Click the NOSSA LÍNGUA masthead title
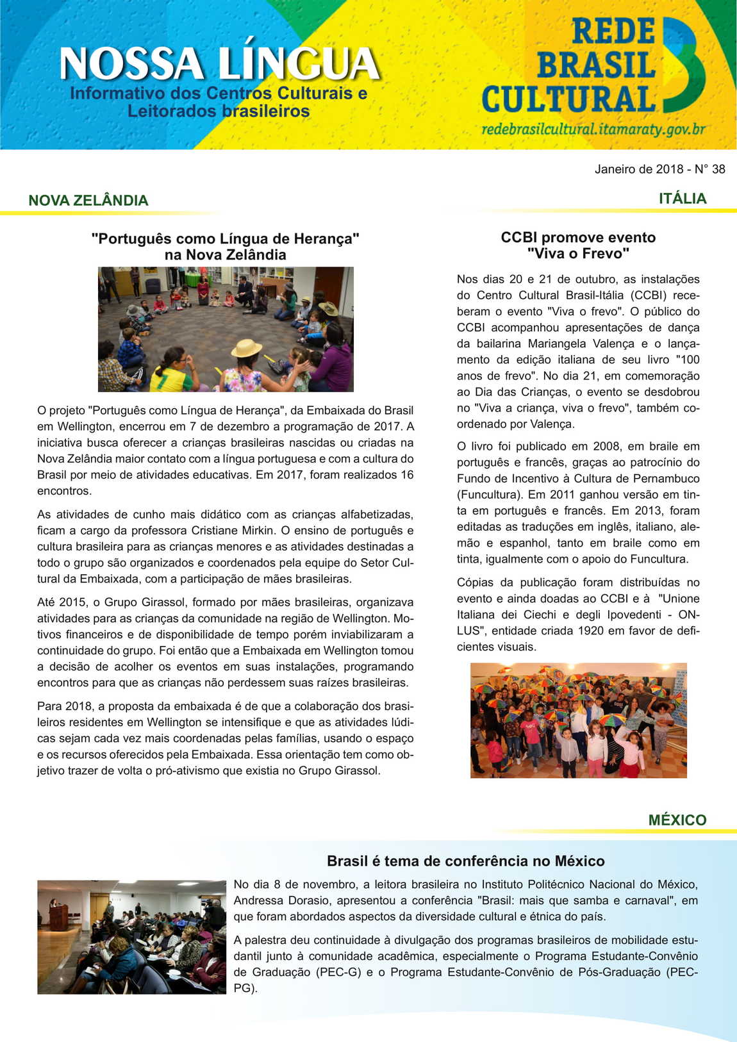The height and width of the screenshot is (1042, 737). pos(219,64)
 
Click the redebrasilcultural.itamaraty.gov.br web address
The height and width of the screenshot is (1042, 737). pos(593,129)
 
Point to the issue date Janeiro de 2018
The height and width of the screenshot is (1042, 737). pos(638,169)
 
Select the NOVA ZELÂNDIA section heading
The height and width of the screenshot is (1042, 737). pos(88,201)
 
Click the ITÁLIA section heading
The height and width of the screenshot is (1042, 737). pos(683,199)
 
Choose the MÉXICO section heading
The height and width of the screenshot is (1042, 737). pos(677,820)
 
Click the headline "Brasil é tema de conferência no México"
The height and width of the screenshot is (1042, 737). pos(465,861)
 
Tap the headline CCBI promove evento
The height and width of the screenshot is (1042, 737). pos(578,238)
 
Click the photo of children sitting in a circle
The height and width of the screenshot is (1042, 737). pos(226,329)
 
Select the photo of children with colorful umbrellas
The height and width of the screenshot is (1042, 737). pos(578,720)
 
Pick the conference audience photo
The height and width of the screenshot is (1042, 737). pos(131,937)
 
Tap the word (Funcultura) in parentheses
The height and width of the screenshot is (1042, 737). pos(489,495)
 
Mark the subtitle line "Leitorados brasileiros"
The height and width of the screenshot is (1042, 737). pos(218,112)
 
